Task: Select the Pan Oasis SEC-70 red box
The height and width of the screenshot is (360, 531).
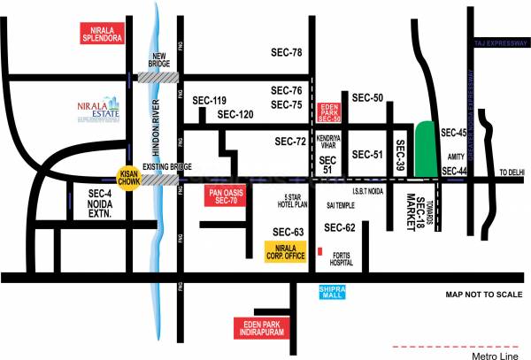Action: point(223,196)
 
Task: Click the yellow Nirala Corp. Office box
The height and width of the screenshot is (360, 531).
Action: point(286,251)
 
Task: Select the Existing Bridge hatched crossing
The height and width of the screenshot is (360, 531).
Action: point(159,180)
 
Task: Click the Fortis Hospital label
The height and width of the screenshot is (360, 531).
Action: point(343,257)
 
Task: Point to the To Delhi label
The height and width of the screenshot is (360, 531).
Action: point(512,172)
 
